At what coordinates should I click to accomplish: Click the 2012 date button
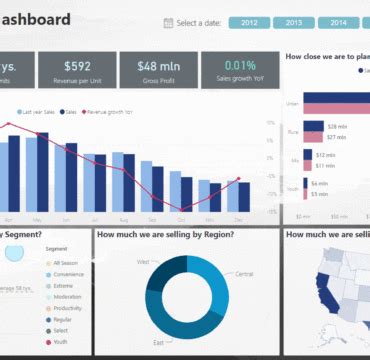click(249, 22)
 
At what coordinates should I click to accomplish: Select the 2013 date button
click(294, 22)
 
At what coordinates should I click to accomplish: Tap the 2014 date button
click(339, 22)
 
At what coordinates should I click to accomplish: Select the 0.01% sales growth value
click(239, 66)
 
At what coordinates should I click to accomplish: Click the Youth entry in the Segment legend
click(63, 341)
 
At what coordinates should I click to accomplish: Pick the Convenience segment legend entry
click(68, 273)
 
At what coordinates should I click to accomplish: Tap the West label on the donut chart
click(142, 261)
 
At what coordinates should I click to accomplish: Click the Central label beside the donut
click(244, 273)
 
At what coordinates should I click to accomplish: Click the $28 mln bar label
click(340, 126)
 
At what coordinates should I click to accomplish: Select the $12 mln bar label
click(325, 154)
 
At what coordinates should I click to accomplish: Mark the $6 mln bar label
click(320, 183)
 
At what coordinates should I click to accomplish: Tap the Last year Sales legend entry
click(39, 113)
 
